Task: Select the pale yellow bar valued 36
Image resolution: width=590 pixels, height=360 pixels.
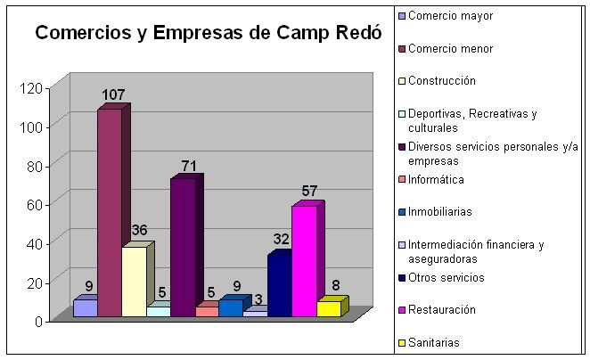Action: point(134,281)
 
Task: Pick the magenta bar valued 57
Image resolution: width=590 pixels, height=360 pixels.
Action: point(304,260)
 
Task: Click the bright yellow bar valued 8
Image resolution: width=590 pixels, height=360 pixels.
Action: point(328,308)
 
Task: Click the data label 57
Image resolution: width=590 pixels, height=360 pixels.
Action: point(309,191)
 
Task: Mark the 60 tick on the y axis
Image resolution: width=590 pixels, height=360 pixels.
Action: point(34,204)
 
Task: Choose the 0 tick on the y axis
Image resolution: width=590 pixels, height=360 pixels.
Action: point(38,321)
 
